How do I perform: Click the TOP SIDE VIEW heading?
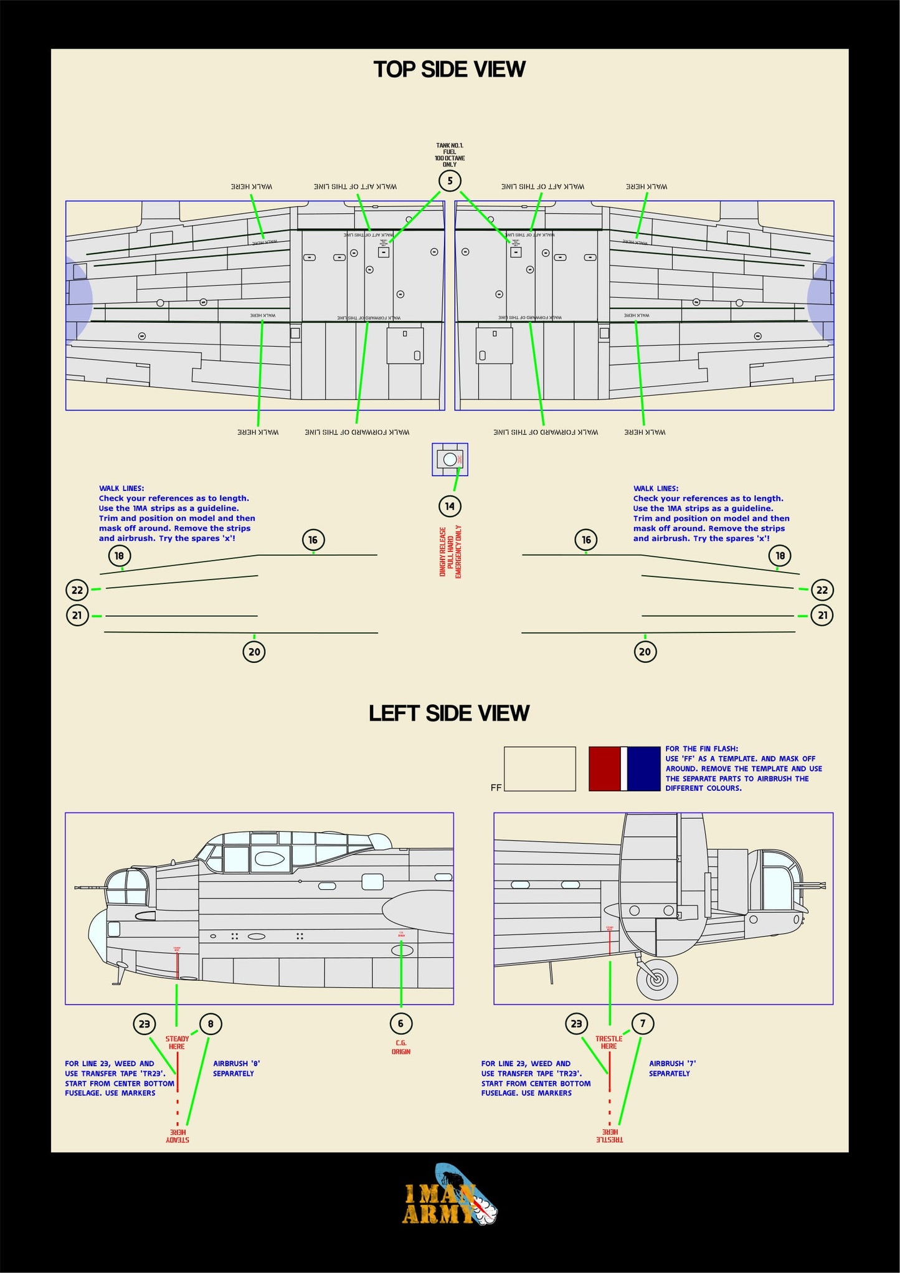(x=449, y=69)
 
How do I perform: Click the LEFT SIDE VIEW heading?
(x=448, y=713)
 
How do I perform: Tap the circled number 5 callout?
(x=450, y=181)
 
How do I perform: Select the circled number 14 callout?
(x=450, y=506)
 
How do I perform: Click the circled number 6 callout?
(x=400, y=1023)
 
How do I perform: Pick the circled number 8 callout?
(x=211, y=1024)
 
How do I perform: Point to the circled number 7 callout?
(x=643, y=1023)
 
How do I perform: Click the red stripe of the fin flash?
(x=604, y=768)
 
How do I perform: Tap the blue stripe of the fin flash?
(x=643, y=768)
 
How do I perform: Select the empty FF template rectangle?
(x=539, y=768)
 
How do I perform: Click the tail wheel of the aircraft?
(x=656, y=978)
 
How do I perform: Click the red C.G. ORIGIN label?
(x=401, y=1047)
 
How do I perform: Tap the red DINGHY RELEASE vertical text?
(x=450, y=551)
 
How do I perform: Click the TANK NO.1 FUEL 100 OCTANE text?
(x=450, y=155)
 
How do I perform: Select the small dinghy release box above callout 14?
(x=450, y=460)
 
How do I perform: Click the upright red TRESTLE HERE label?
(x=609, y=1042)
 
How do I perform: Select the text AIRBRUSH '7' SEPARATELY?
(x=671, y=1068)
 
